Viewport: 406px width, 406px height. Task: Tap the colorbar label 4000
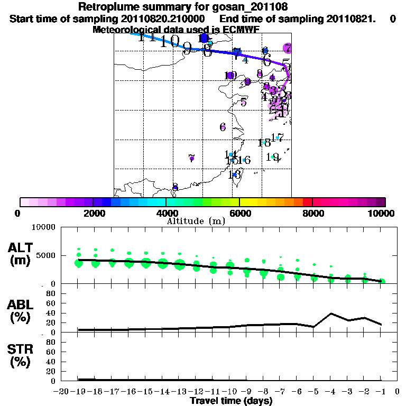[x=166, y=213]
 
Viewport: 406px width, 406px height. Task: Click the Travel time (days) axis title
[x=231, y=401]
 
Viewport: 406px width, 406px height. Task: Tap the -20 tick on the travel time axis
[x=62, y=392]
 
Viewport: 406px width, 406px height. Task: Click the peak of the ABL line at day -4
[x=331, y=313]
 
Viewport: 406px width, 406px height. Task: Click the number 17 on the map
[x=278, y=137]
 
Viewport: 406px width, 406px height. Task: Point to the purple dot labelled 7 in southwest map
[x=191, y=158]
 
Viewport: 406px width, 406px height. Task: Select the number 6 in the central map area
[x=223, y=127]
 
